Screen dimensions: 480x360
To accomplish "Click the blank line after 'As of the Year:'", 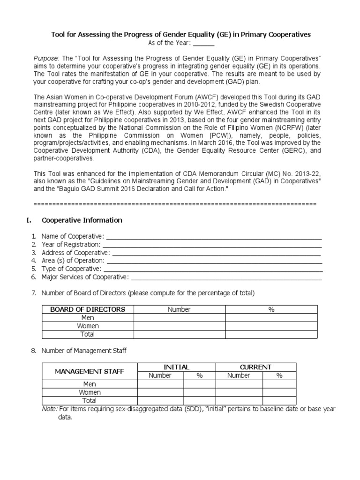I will click(203, 44).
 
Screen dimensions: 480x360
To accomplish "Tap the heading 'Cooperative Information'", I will click(82, 220).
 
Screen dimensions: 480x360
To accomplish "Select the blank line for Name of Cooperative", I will click(214, 237).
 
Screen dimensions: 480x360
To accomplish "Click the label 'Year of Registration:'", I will click(71, 245).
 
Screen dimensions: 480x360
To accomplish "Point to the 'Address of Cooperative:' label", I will click(75, 253).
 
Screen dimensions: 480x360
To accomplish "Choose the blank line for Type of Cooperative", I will click(213, 269).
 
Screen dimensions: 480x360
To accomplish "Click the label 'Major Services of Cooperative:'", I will click(85, 277).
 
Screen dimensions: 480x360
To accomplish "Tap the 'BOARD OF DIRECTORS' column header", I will click(88, 309).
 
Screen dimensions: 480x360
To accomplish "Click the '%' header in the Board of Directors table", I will click(271, 309).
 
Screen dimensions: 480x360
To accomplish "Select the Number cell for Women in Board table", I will click(179, 326).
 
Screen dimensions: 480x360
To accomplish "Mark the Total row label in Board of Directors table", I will click(88, 334).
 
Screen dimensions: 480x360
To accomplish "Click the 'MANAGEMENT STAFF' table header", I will click(90, 371).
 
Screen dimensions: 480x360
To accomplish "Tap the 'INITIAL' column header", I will click(176, 367).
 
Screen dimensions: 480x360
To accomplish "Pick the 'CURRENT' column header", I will click(255, 367).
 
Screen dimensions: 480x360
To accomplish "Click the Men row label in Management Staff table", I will click(90, 384).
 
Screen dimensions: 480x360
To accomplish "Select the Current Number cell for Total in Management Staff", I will click(239, 401).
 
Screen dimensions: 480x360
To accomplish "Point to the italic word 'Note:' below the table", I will click(50, 409).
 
